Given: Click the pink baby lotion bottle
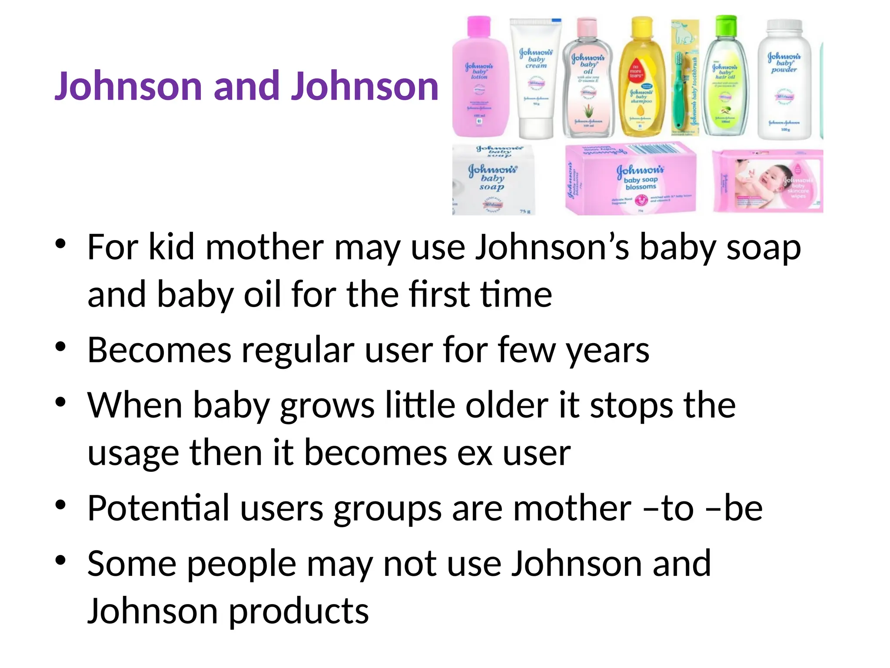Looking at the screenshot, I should click(480, 83).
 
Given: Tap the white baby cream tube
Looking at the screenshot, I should click(535, 78).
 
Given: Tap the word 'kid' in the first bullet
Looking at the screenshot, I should click(171, 247).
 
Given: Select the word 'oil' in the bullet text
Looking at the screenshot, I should click(262, 294).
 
